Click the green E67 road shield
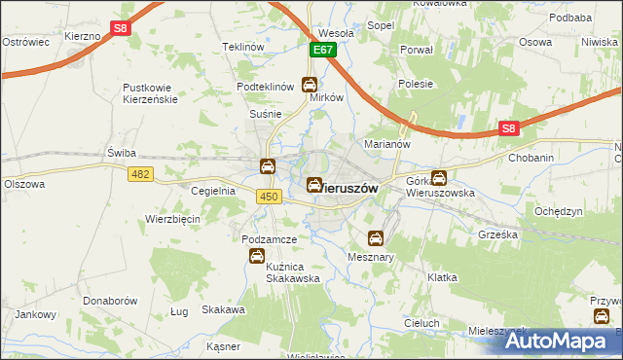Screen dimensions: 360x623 point(323,49)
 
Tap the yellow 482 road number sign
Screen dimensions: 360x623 point(140,172)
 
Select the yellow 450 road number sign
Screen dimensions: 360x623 point(270,198)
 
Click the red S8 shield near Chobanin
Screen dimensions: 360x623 point(509,128)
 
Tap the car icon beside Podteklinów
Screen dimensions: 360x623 point(310,84)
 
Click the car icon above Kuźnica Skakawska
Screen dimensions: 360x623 point(256,256)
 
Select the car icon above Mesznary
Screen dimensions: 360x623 point(376,237)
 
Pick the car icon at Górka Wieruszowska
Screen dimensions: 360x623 point(439,178)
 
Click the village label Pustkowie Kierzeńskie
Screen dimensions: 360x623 point(161,93)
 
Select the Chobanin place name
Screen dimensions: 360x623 point(531,157)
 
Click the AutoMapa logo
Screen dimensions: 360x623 point(562,342)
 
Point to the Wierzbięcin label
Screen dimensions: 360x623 point(172,219)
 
